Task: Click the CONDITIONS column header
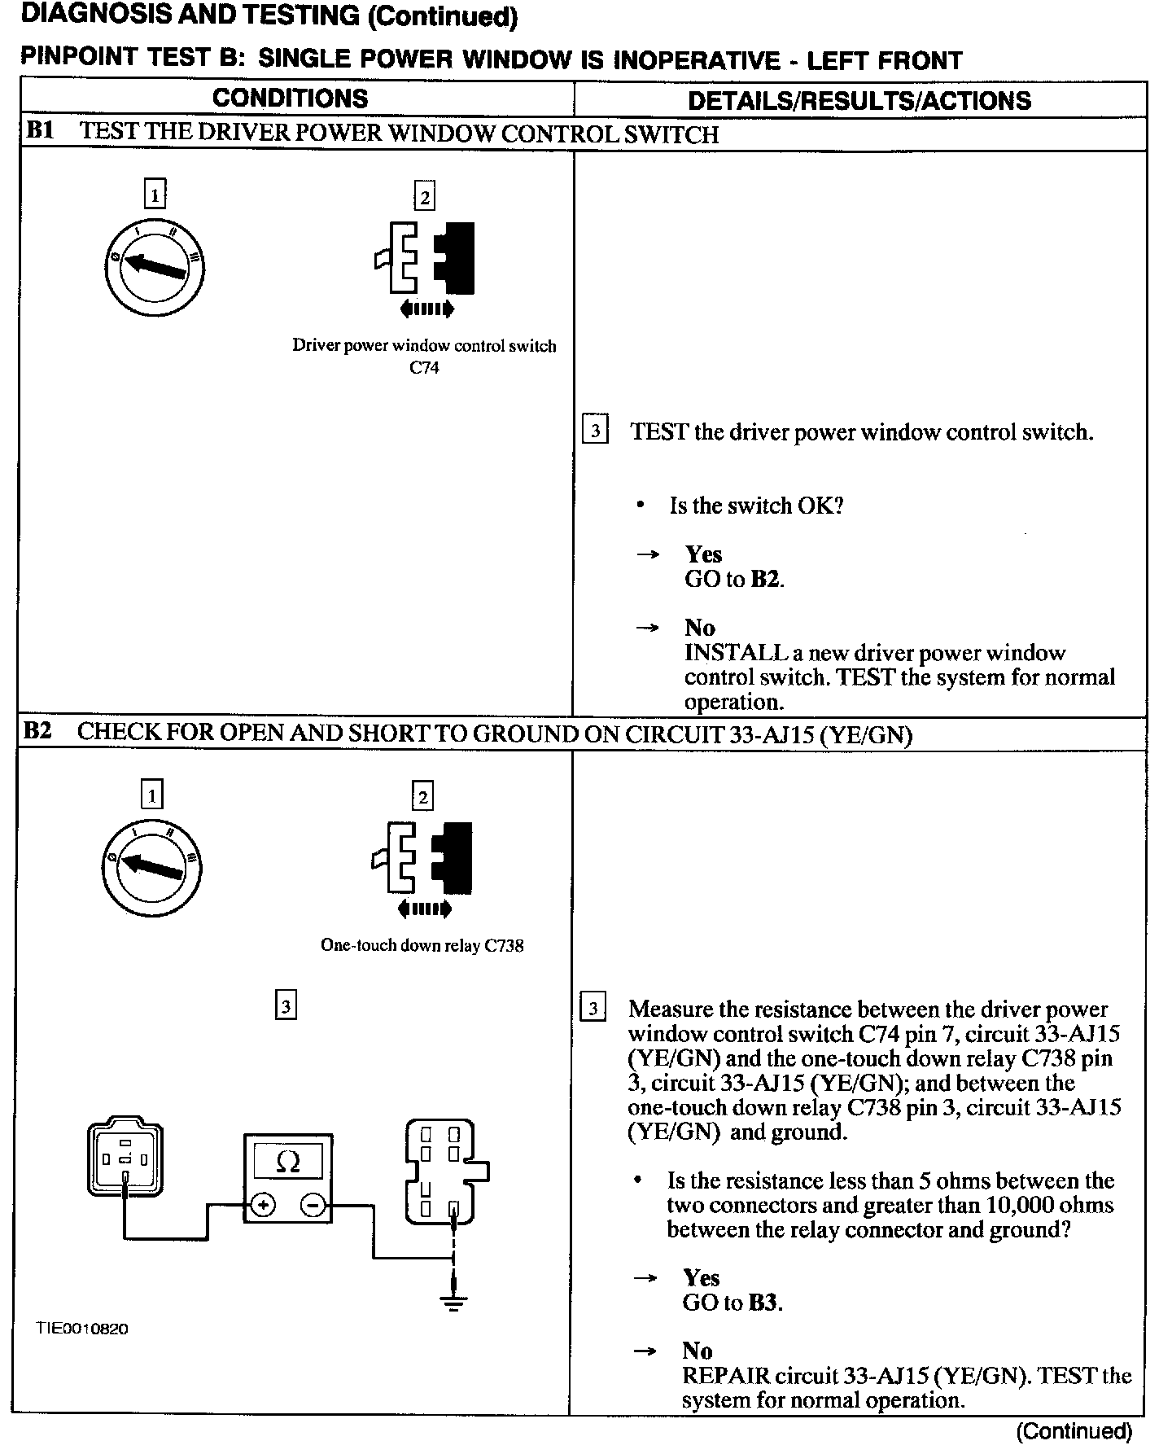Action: pyautogui.click(x=290, y=99)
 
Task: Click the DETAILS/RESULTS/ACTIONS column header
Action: pyautogui.click(x=859, y=100)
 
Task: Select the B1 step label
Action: pyautogui.click(x=40, y=131)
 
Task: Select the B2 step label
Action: pyautogui.click(x=38, y=731)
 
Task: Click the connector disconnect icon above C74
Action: pyautogui.click(x=424, y=259)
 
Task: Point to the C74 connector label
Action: pyautogui.click(x=424, y=367)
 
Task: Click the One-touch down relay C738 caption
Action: pyautogui.click(x=422, y=945)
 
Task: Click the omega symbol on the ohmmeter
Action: pyautogui.click(x=287, y=1161)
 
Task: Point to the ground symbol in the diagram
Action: pyautogui.click(x=453, y=1303)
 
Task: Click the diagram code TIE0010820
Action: pyautogui.click(x=82, y=1329)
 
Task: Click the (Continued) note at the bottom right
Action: pyautogui.click(x=1074, y=1431)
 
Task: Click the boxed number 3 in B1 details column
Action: pyautogui.click(x=595, y=431)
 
